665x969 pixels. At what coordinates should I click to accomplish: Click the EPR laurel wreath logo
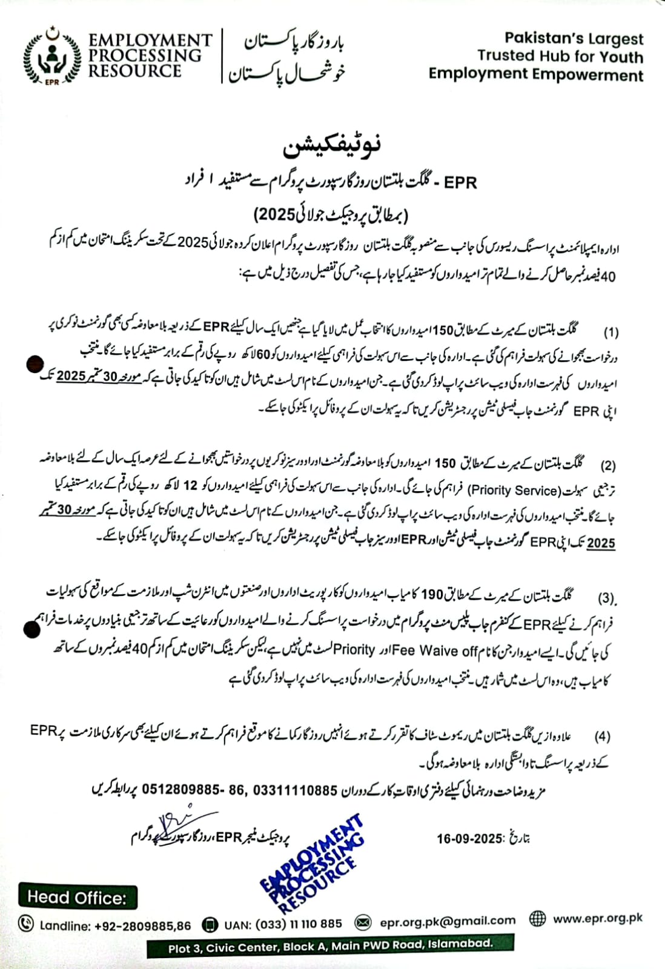click(x=52, y=56)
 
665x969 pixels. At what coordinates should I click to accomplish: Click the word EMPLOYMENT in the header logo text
click(x=150, y=41)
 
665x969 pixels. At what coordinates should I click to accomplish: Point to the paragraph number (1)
click(x=610, y=332)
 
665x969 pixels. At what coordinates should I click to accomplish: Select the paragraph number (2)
click(x=608, y=466)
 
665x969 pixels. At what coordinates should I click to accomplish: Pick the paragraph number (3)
click(x=607, y=598)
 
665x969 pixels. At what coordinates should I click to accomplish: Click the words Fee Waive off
click(x=435, y=650)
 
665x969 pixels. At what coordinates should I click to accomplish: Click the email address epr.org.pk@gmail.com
click(x=448, y=921)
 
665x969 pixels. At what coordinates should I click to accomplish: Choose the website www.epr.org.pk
click(x=598, y=918)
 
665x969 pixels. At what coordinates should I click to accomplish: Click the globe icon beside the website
click(x=537, y=919)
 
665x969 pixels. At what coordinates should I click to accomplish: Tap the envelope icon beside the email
click(x=363, y=922)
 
